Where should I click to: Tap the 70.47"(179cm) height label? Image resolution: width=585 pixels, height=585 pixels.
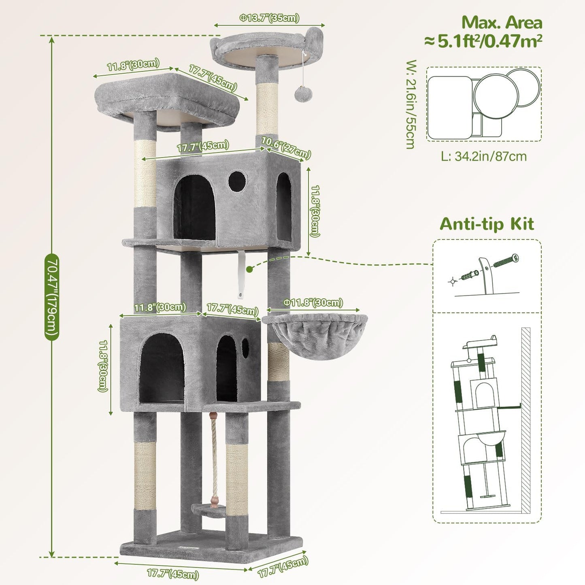click(52, 297)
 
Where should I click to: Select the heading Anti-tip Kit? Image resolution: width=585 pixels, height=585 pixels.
click(487, 224)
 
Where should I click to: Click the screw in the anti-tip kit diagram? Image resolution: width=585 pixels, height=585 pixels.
click(506, 260)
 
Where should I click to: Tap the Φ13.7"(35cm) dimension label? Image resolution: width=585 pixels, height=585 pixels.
click(269, 18)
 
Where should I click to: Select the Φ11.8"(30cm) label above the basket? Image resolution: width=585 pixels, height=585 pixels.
click(313, 303)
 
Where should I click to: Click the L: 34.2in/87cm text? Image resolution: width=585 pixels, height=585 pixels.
click(484, 156)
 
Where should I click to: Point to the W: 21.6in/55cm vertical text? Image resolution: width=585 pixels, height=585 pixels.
click(411, 104)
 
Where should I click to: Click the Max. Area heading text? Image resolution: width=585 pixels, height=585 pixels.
click(502, 23)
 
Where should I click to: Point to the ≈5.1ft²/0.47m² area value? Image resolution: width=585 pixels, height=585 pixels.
click(483, 41)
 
